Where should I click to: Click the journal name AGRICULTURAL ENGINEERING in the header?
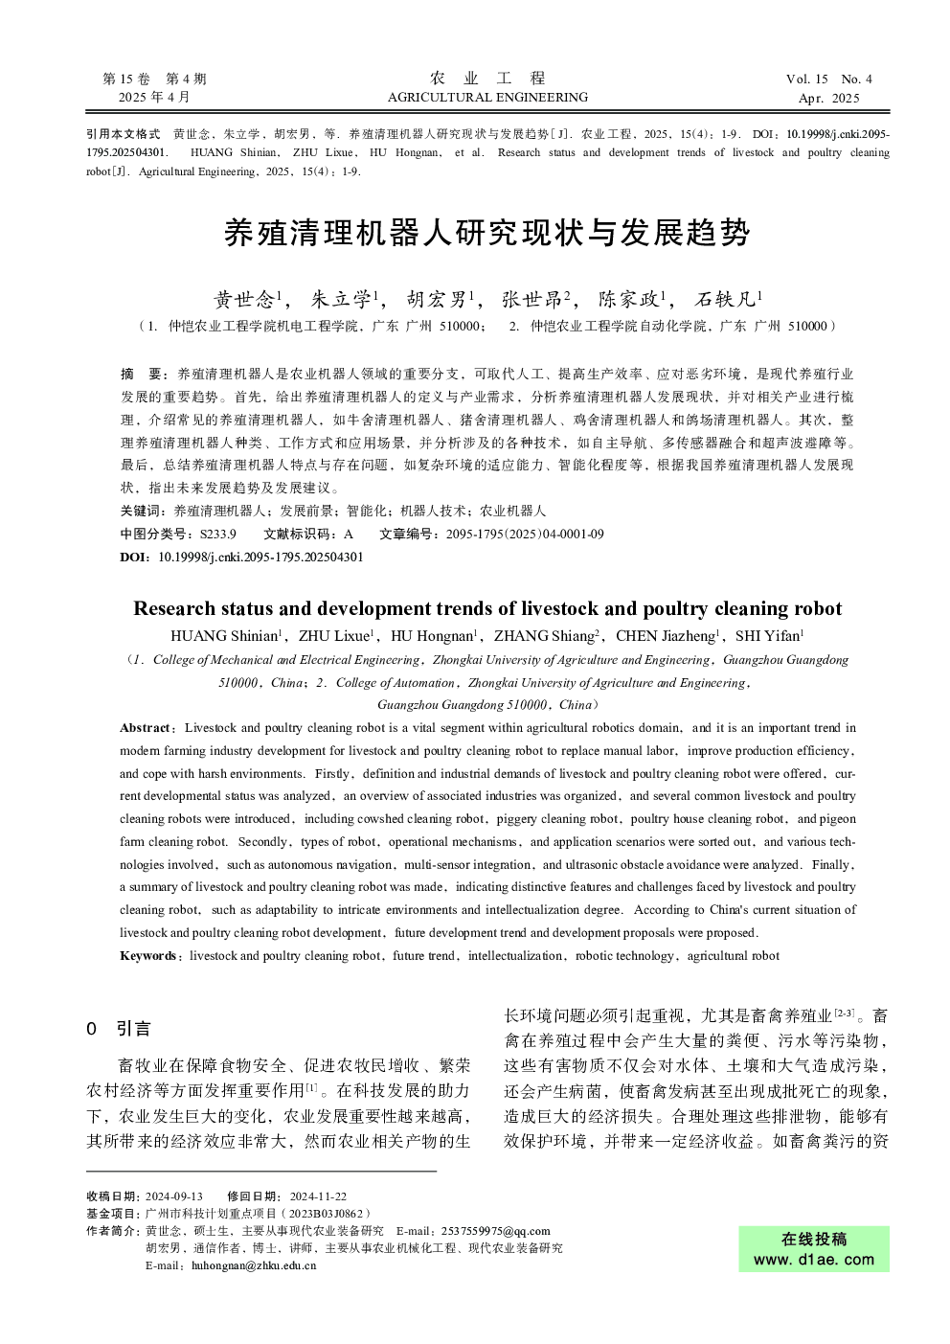tap(487, 97)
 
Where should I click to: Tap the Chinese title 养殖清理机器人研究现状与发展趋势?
tap(486, 233)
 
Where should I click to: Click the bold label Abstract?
tap(145, 728)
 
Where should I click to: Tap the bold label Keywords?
tap(148, 955)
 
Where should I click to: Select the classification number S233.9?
tap(217, 534)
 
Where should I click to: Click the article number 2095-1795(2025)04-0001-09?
tap(525, 534)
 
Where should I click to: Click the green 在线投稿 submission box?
tap(814, 1249)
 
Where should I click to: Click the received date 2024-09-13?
tap(174, 1196)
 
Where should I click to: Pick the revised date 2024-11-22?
tap(318, 1196)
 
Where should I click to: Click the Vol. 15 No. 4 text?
tap(828, 80)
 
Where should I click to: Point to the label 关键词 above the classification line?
tap(139, 512)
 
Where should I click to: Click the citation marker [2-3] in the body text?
tap(845, 1012)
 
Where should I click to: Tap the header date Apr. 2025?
tap(828, 98)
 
